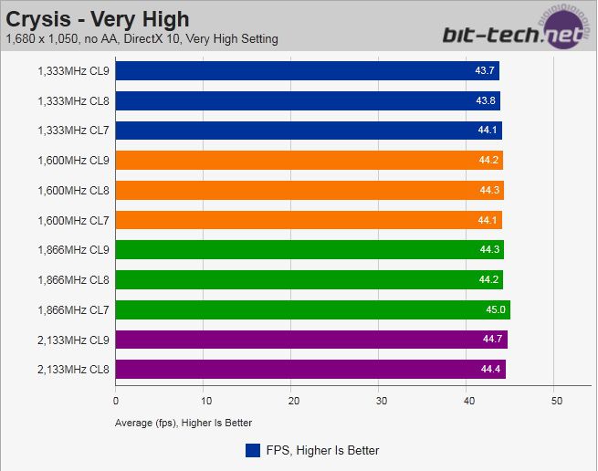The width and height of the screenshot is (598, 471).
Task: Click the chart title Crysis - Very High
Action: click(98, 18)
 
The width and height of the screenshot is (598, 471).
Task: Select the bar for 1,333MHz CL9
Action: click(308, 71)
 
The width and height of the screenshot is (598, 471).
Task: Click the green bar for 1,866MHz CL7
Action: click(312, 309)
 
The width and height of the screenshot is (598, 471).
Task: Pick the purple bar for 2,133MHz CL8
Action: click(310, 369)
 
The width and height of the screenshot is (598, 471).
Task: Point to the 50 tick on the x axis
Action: click(555, 401)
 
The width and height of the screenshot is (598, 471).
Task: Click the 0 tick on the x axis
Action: click(116, 401)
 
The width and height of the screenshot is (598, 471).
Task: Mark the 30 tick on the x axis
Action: click(380, 401)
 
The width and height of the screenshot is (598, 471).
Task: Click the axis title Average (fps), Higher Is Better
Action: click(184, 423)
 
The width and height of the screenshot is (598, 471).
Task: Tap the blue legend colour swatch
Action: click(253, 450)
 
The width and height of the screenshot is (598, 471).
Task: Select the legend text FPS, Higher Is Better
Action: click(323, 450)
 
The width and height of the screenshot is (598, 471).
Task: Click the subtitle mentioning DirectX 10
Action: click(142, 39)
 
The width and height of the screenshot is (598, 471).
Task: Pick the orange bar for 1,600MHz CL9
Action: click(309, 161)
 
